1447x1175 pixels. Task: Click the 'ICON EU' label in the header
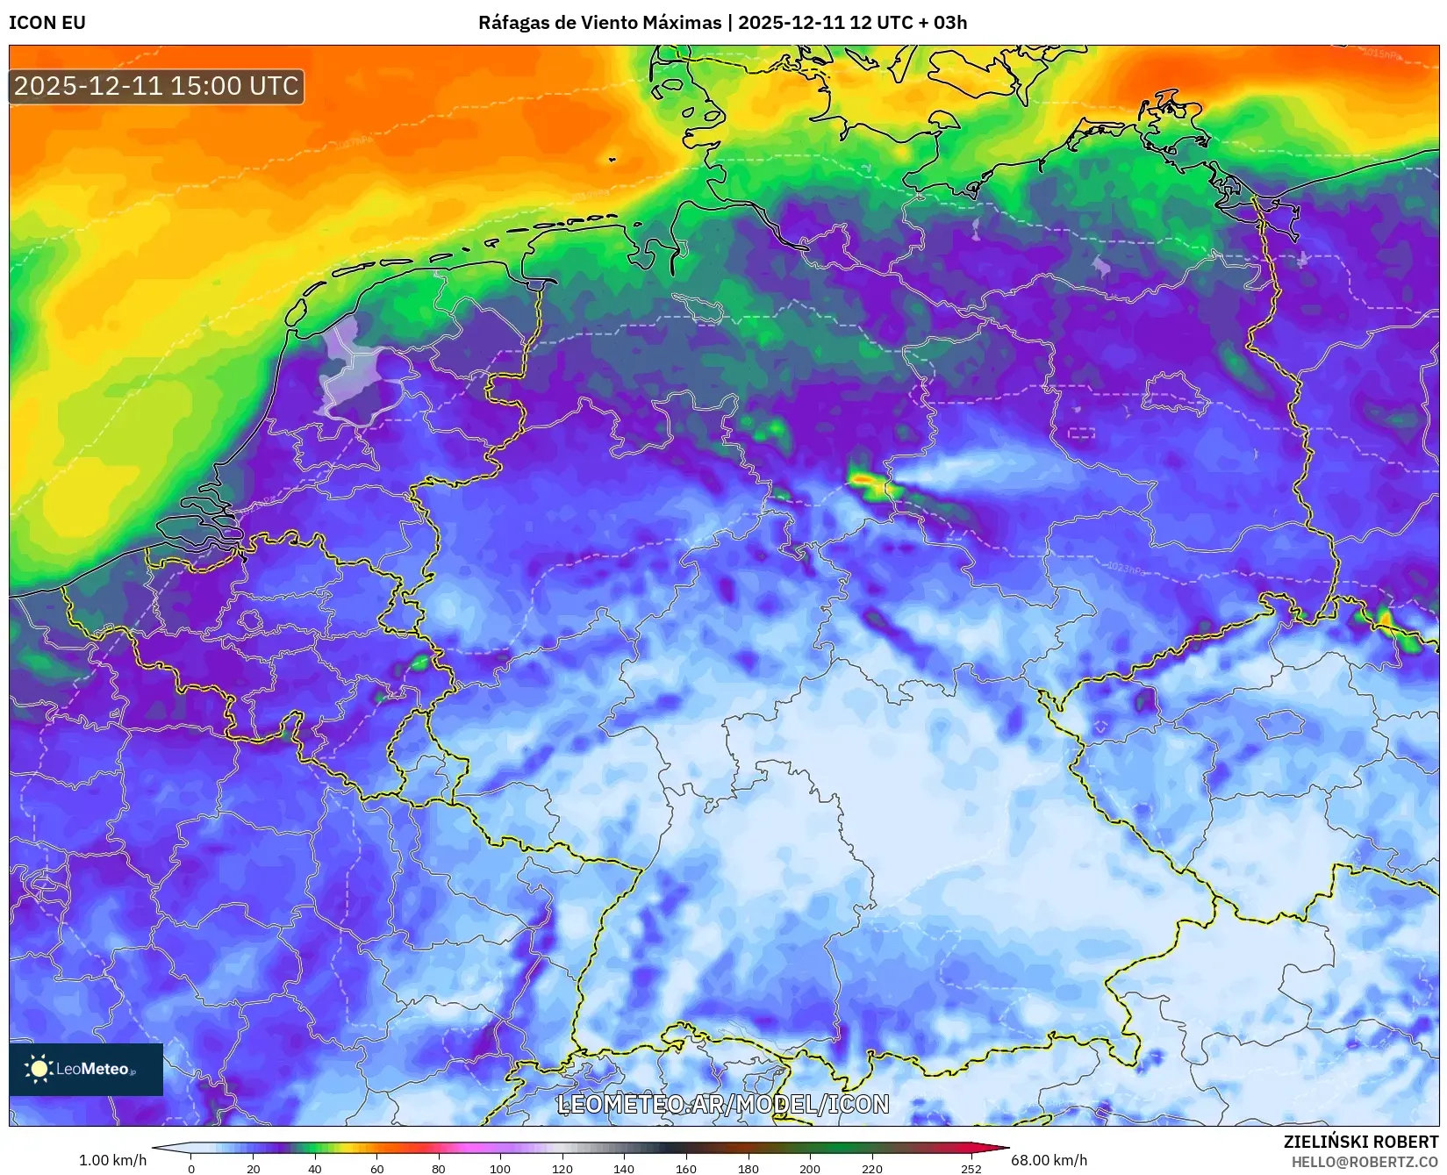point(47,23)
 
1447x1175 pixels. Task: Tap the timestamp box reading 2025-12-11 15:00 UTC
point(156,86)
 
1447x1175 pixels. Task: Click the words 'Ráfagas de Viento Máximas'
point(599,23)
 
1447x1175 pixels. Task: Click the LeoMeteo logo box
point(86,1069)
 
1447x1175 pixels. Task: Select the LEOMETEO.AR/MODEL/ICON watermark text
point(723,1104)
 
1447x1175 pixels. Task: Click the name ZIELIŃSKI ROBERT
point(1360,1142)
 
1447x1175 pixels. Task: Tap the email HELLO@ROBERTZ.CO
point(1364,1162)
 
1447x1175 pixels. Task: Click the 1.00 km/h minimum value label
point(112,1160)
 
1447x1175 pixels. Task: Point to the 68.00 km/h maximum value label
point(1049,1160)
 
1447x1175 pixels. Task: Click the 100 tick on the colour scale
point(500,1168)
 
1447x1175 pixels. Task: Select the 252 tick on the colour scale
point(971,1168)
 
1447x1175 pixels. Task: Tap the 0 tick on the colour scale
point(191,1168)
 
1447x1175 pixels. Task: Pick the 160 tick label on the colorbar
point(686,1168)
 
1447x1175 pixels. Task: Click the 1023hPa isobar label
point(1126,569)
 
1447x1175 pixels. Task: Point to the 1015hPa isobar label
point(1381,54)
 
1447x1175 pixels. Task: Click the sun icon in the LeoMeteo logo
point(39,1068)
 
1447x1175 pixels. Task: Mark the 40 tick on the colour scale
point(315,1168)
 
